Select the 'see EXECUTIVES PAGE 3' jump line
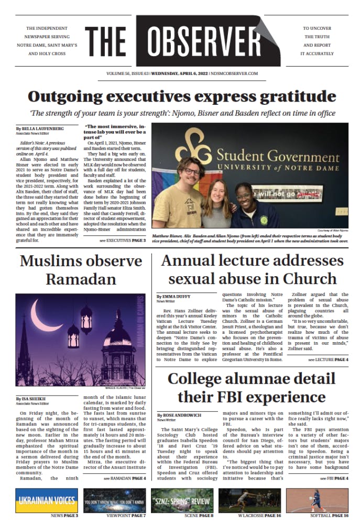pos(123,240)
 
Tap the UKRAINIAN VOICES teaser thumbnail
pos(46,500)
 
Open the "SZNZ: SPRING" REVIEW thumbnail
pos(181,500)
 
